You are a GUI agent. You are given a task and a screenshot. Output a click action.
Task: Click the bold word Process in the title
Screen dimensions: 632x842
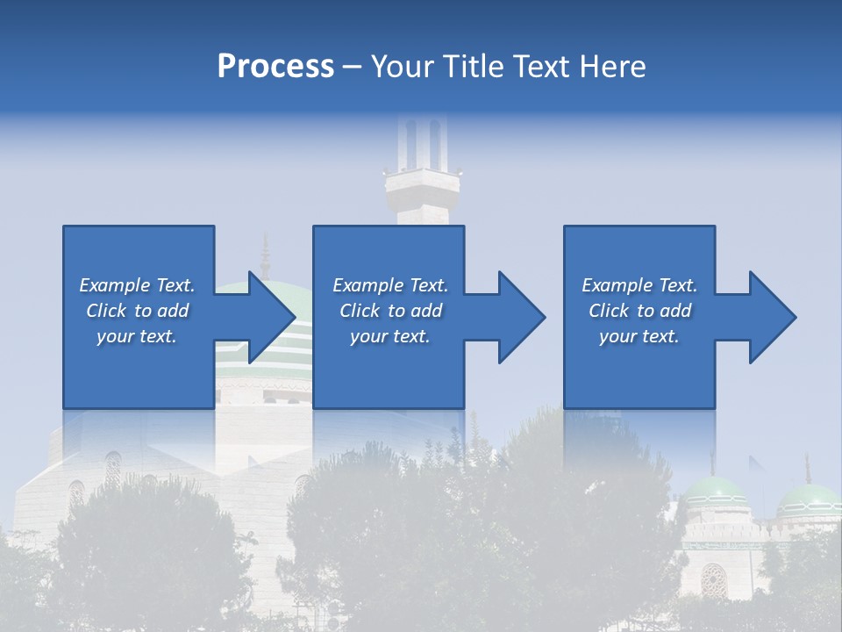(x=275, y=67)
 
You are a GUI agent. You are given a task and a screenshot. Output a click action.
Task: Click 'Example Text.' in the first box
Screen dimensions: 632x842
(x=137, y=285)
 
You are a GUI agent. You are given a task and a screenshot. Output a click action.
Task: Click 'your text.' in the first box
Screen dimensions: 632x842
(x=137, y=336)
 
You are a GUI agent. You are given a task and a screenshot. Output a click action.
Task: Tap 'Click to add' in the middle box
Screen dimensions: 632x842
(x=390, y=311)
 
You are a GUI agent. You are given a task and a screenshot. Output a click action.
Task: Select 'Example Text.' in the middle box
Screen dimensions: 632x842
(x=390, y=285)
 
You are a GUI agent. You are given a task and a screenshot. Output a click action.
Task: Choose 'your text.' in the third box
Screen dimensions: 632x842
(x=639, y=336)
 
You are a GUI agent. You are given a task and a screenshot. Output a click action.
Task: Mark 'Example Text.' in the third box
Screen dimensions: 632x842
(x=639, y=285)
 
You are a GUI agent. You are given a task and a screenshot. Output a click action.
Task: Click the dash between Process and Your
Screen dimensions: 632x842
(x=353, y=67)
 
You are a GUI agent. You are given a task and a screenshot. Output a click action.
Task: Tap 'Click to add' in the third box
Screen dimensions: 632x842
(x=639, y=311)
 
